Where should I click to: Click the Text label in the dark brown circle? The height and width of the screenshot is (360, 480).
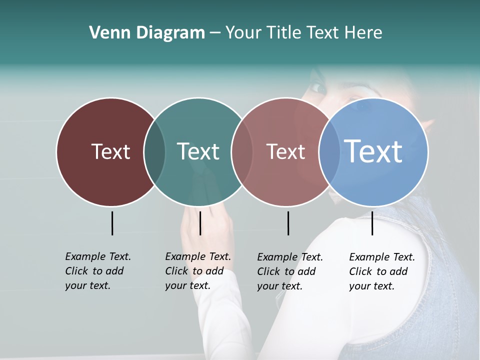110,151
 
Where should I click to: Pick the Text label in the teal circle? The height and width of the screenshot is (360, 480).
198,151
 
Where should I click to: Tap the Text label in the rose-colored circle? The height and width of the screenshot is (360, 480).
285,151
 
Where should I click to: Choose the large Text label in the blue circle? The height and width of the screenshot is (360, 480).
373,151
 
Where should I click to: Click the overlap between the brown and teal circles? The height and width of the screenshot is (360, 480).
154,151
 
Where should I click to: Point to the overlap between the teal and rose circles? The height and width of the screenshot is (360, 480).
242,151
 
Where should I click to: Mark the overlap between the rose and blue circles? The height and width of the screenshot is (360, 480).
329,151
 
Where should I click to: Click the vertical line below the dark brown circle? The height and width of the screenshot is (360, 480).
112,223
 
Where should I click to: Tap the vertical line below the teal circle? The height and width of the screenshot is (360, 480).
200,223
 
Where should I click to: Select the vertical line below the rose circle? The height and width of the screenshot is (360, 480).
288,223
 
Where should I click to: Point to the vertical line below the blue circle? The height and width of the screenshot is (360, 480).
372,223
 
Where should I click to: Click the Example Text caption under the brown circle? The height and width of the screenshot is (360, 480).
97,271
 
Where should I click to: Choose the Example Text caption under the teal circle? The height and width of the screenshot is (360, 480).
197,271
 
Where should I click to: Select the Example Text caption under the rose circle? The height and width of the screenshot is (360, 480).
289,271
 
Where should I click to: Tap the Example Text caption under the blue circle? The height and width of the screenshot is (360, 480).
381,271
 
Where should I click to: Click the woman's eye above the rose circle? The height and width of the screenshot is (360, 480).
318,88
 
